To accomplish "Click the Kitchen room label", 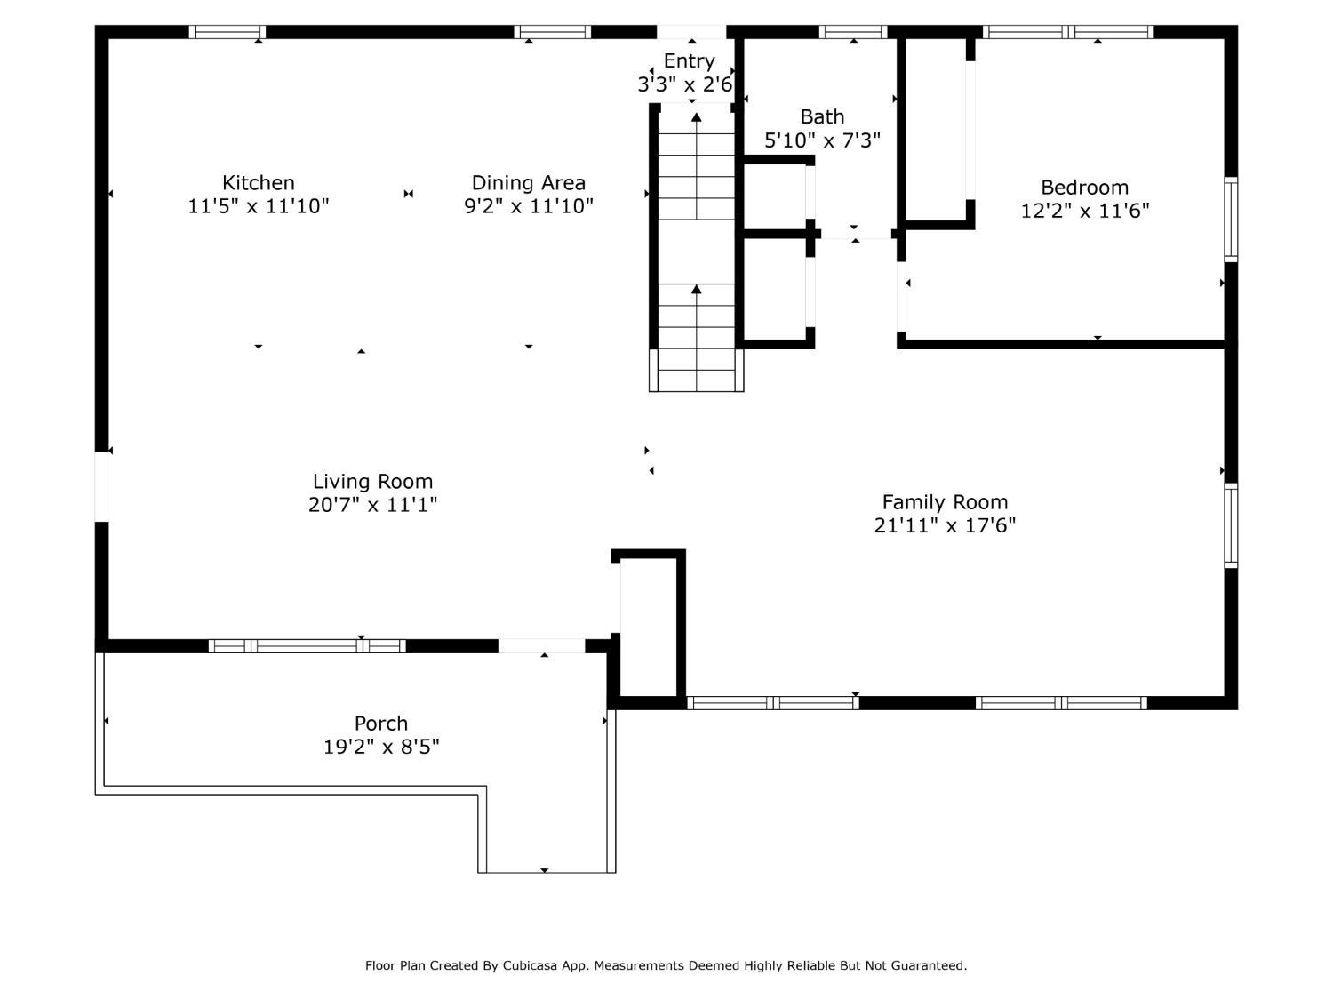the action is [258, 183].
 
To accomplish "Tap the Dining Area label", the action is [529, 183].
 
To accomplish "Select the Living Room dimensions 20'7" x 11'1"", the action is [372, 505].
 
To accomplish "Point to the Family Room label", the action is [945, 502].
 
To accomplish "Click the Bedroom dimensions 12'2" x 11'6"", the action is [1085, 211].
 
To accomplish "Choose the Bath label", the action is [822, 116].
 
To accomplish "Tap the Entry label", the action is [689, 60].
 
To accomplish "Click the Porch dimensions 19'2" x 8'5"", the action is [380, 747].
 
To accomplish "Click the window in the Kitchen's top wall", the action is [227, 32].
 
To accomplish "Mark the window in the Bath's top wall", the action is [852, 32].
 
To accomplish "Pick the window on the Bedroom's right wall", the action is [1231, 220].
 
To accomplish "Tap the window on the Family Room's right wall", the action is [1231, 526].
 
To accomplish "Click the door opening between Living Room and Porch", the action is [542, 646].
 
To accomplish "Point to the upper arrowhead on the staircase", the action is [697, 117].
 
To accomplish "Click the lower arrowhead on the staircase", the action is [697, 290].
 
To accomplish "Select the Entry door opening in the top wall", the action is [691, 32].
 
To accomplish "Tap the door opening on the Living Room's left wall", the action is [102, 486].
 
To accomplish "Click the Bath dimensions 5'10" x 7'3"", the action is [822, 140].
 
